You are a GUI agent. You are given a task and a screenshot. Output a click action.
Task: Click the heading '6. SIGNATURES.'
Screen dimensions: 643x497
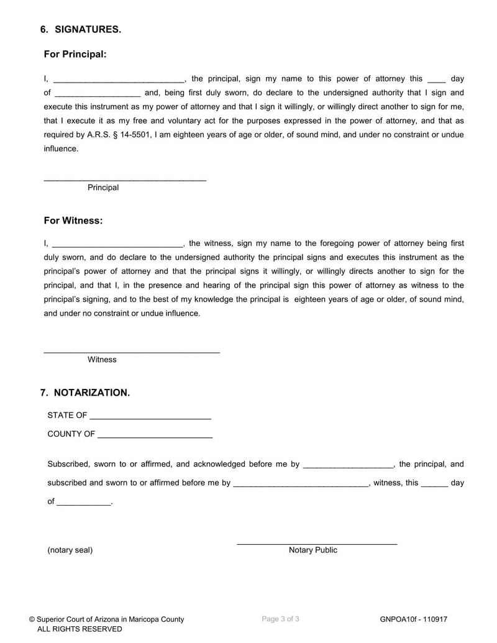(81, 29)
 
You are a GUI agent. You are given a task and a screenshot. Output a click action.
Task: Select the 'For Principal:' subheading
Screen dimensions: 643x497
(75, 55)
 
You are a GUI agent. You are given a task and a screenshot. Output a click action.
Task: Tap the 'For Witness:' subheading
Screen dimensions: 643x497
(73, 221)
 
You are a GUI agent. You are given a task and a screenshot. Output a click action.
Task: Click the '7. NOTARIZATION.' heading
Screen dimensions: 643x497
(85, 393)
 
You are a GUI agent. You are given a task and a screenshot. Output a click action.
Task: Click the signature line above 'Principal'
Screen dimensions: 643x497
(124, 180)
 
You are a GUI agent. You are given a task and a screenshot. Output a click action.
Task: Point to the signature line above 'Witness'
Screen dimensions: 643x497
(131, 352)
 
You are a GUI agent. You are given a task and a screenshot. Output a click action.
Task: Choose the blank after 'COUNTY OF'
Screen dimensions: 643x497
(155, 435)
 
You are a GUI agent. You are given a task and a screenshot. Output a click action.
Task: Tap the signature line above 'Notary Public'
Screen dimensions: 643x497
(317, 544)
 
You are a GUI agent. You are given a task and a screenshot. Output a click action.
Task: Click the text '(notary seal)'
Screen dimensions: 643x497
(70, 550)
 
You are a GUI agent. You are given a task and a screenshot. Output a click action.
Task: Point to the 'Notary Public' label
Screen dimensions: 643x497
(313, 550)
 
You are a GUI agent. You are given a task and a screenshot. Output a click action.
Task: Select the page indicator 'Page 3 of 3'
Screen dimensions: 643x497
(281, 619)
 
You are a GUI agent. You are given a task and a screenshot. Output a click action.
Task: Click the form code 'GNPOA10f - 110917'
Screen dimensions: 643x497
(414, 619)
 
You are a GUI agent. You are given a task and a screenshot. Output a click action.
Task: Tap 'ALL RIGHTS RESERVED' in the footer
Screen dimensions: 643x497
(80, 629)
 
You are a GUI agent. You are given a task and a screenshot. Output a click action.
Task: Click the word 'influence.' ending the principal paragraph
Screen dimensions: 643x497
(61, 148)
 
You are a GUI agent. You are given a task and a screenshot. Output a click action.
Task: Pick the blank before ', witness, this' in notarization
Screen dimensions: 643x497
(301, 483)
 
